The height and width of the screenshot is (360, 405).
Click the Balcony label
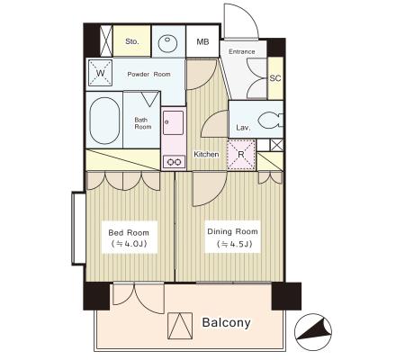point(226,323)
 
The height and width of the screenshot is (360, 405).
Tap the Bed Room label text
point(129,233)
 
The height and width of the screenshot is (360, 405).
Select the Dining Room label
point(232,231)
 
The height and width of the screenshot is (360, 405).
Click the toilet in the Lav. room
point(270,121)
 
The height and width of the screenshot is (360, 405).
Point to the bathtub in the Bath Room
point(104,121)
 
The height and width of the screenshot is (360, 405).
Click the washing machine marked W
point(101,73)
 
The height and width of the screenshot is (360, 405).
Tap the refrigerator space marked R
point(241,155)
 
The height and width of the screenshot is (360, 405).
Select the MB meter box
point(202,41)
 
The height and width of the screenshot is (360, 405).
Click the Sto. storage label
point(132,41)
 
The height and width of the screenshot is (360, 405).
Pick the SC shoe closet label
point(275,78)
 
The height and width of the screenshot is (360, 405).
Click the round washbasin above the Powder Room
point(167,44)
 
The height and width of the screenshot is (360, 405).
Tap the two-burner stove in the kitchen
point(175,162)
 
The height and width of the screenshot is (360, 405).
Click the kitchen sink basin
point(173,122)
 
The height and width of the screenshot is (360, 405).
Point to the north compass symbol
point(313,331)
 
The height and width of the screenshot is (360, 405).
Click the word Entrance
point(242,51)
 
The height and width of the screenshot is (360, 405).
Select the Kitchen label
point(206,155)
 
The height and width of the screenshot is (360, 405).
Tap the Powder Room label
point(148,74)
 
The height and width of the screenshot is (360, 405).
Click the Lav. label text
point(243,128)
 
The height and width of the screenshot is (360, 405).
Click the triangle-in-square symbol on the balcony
point(180,326)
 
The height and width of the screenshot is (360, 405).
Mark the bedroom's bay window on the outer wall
point(78,229)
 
